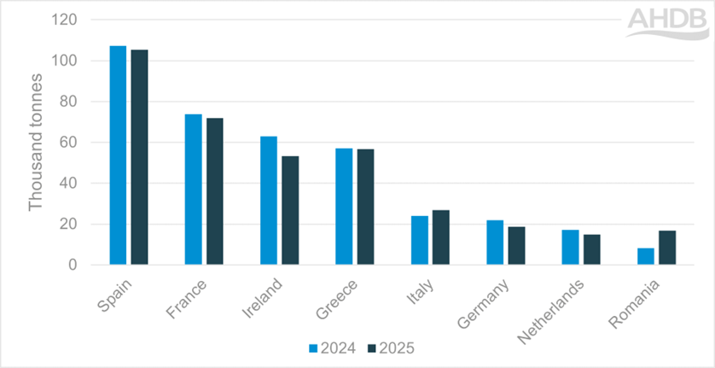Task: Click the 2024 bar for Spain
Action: click(118, 155)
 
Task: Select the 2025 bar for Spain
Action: click(139, 157)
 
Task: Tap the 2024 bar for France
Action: click(194, 190)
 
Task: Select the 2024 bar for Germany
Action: click(495, 242)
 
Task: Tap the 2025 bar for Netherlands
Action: click(592, 249)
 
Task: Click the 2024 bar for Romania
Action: click(646, 256)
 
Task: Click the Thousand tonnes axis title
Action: click(35, 143)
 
